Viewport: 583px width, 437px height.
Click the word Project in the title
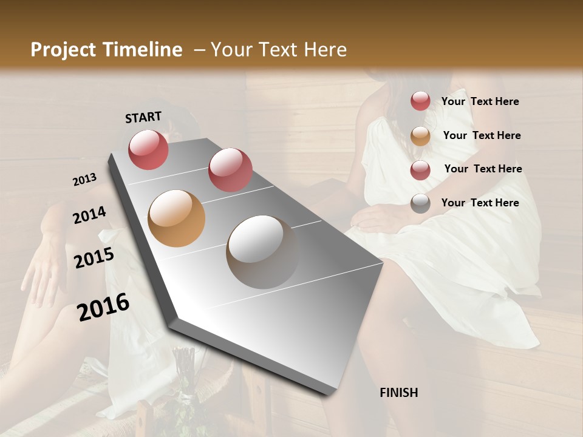pyautogui.click(x=63, y=50)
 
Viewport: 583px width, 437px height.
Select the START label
pyautogui.click(x=143, y=117)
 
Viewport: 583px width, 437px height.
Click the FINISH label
pyautogui.click(x=398, y=393)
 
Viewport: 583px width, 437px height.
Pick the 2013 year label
pyautogui.click(x=84, y=180)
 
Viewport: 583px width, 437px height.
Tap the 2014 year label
pyautogui.click(x=89, y=215)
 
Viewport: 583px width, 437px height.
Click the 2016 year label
pyautogui.click(x=103, y=307)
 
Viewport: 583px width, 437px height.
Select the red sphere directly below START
pyautogui.click(x=148, y=149)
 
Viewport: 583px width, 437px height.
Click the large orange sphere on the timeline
pyautogui.click(x=176, y=218)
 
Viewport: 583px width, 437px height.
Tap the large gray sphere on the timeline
pyautogui.click(x=262, y=251)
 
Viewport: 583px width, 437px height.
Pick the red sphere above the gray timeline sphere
pyautogui.click(x=230, y=170)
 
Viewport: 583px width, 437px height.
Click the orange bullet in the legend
pyautogui.click(x=420, y=136)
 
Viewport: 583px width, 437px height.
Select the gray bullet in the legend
pyautogui.click(x=420, y=203)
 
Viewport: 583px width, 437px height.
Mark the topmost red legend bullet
pyautogui.click(x=420, y=101)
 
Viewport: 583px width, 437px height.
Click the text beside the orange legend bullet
pyautogui.click(x=482, y=135)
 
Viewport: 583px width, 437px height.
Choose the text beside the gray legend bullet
pyautogui.click(x=480, y=203)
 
